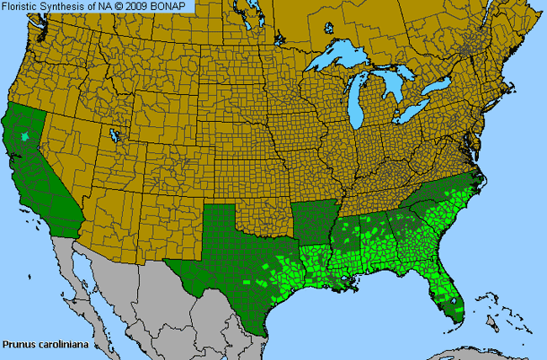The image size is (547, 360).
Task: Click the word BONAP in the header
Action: [175, 7]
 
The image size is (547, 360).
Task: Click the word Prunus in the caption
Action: [18, 344]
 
